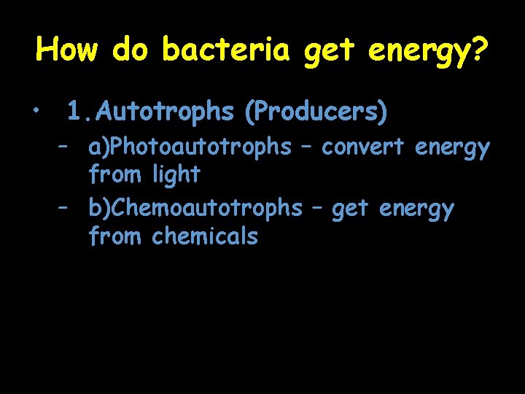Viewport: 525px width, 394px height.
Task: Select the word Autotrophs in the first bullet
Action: tap(165, 112)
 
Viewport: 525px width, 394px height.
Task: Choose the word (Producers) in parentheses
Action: tap(316, 112)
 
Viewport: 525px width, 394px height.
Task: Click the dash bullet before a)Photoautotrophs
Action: tap(65, 147)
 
